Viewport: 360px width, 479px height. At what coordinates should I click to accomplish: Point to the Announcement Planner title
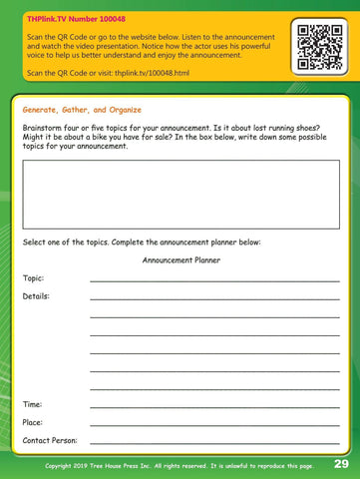(x=180, y=260)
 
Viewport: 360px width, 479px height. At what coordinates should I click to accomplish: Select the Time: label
(x=32, y=404)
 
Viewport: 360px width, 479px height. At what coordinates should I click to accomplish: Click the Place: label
(x=33, y=422)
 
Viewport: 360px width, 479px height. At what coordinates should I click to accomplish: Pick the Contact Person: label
(x=50, y=440)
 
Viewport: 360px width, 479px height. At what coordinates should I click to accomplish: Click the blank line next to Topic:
(x=214, y=281)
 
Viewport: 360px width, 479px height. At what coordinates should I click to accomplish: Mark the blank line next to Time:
(x=214, y=407)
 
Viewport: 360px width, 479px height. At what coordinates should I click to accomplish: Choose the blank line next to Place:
(x=214, y=425)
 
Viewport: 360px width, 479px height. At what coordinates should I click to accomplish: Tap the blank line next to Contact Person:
(x=214, y=443)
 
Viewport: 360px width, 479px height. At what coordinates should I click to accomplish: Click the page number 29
(x=341, y=464)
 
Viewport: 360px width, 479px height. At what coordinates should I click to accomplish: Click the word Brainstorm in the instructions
(x=46, y=130)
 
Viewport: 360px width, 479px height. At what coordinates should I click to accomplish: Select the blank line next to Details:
(x=214, y=299)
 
